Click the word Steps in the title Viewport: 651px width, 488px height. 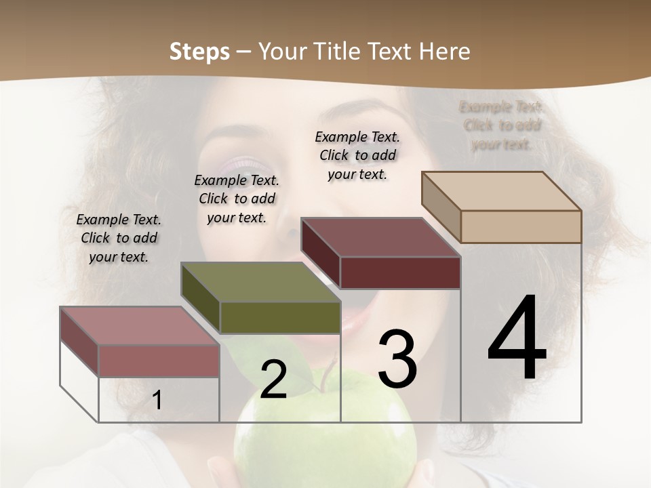click(x=199, y=52)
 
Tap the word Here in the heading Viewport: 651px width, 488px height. click(x=446, y=52)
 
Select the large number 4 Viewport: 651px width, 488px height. click(x=517, y=339)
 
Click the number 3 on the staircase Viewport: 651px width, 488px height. click(x=397, y=359)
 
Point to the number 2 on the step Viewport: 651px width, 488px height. click(x=273, y=380)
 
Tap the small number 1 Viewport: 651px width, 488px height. click(x=157, y=401)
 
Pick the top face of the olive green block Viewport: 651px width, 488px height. click(x=261, y=282)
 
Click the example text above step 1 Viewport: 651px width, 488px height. click(x=119, y=238)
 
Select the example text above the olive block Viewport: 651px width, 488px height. click(x=237, y=199)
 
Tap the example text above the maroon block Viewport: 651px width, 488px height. click(x=357, y=155)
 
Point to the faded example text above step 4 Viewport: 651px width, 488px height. click(x=502, y=125)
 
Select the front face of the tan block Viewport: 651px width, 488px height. click(x=521, y=226)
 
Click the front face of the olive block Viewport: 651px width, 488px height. click(x=280, y=317)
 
